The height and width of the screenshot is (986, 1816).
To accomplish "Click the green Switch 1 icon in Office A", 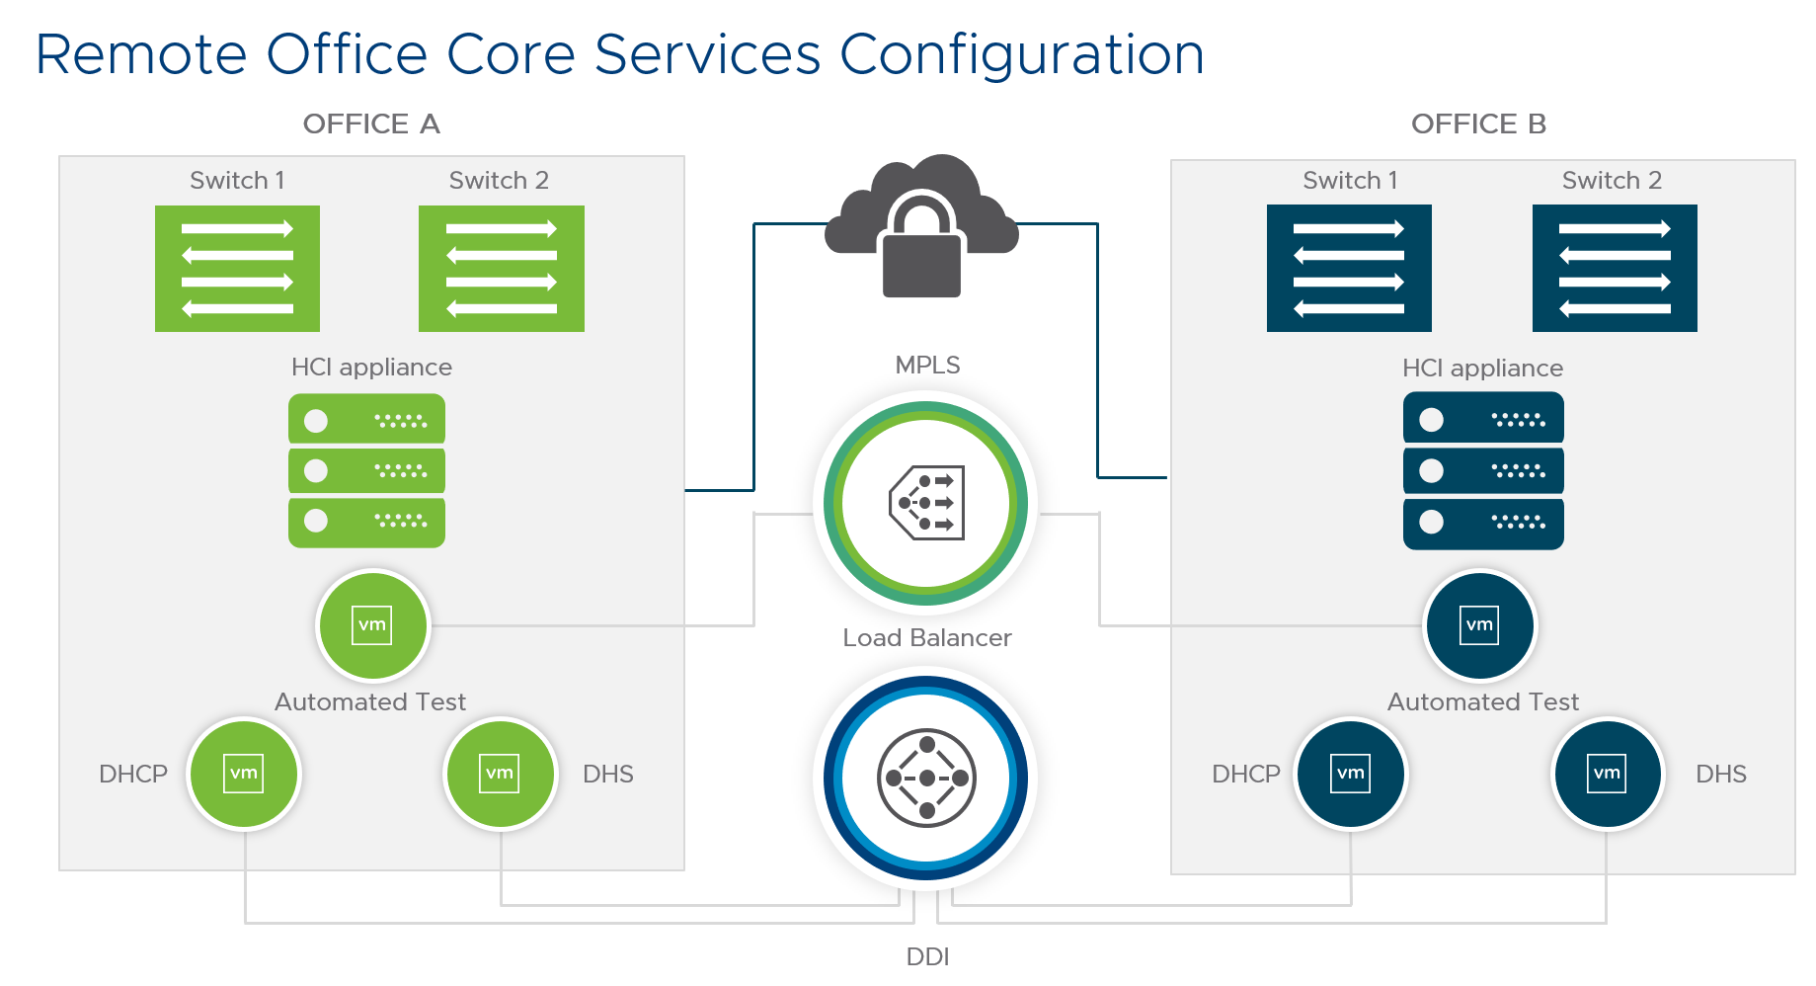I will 237,269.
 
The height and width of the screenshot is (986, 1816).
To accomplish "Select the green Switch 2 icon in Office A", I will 501,269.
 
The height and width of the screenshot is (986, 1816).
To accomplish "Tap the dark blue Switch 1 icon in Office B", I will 1349,269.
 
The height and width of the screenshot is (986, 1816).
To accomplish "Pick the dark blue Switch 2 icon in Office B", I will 1615,269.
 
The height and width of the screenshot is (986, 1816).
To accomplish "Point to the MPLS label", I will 927,366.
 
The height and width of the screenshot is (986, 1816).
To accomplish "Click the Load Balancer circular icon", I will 925,503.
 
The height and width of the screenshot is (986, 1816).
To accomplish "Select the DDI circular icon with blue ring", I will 925,779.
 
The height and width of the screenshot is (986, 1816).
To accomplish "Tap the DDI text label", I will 927,956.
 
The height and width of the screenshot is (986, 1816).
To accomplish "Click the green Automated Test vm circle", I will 372,625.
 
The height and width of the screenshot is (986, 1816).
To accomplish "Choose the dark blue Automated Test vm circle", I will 1479,625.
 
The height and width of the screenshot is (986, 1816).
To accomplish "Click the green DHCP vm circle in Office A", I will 244,774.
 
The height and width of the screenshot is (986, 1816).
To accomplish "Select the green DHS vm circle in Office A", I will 500,774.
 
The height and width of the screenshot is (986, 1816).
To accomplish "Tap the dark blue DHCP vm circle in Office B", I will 1351,774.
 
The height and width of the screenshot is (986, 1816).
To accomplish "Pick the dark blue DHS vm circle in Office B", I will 1607,774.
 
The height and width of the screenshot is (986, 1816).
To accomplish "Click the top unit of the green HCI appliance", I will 366,420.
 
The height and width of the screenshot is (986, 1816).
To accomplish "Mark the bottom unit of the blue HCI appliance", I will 1483,523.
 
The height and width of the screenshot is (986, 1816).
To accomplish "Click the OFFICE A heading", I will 371,124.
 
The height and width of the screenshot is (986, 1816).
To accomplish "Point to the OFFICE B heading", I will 1478,124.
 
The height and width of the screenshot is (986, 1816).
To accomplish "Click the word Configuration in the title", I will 1021,55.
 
